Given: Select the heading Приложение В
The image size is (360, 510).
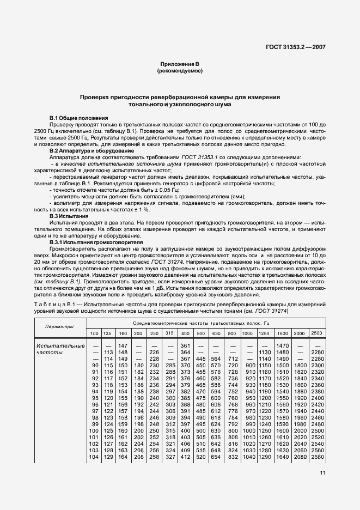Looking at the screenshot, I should [180, 64].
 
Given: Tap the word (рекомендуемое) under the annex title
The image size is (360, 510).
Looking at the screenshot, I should [180, 71].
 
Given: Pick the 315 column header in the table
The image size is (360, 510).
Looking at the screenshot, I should [170, 333].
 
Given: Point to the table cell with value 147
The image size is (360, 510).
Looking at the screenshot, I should [123, 345].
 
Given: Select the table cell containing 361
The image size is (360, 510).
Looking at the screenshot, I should [185, 345].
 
